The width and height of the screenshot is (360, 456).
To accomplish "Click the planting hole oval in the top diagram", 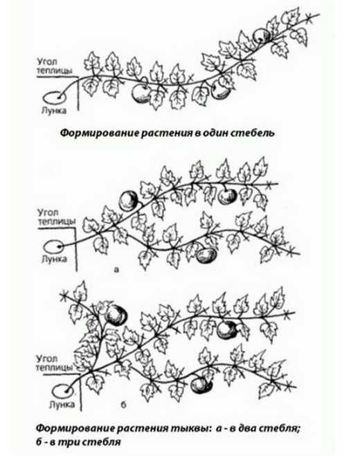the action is (53, 98).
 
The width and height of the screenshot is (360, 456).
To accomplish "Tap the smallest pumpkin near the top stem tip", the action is (295, 35).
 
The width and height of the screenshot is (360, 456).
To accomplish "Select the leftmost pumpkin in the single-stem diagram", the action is (141, 93).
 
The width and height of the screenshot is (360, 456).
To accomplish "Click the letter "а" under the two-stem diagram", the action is (117, 269).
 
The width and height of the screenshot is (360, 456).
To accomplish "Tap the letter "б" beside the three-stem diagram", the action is (123, 404).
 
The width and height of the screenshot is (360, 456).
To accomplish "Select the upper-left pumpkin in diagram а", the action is (129, 201).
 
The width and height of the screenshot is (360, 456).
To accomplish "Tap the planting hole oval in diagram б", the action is (64, 391).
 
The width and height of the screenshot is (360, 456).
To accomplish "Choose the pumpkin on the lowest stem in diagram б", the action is (201, 385).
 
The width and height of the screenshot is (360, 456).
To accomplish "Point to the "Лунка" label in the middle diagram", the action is (54, 259).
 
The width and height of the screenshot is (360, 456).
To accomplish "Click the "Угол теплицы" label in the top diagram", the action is (55, 66).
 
